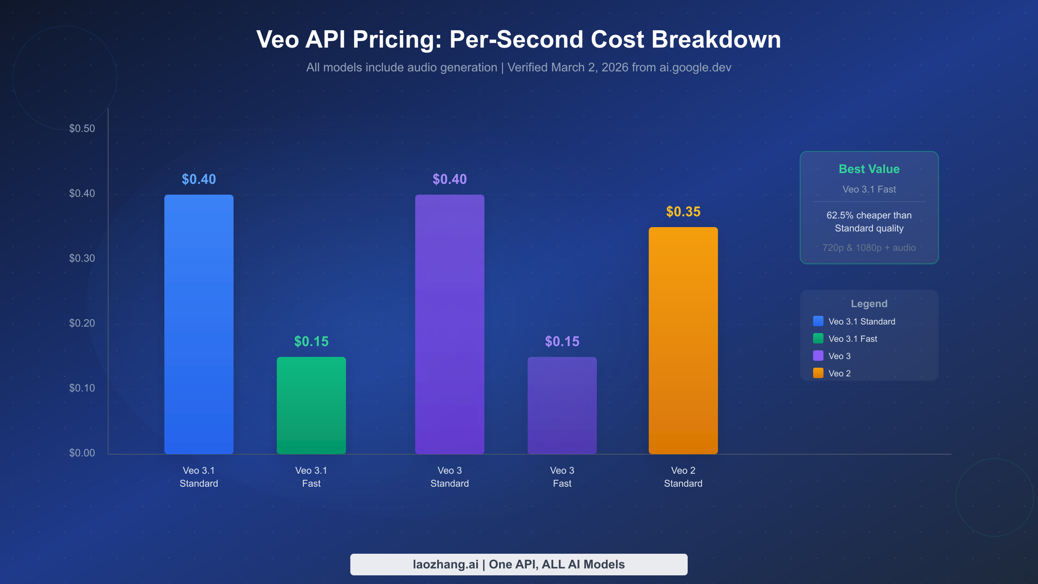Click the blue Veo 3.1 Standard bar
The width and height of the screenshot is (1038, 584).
pyautogui.click(x=199, y=324)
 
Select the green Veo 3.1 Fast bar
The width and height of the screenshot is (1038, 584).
pyautogui.click(x=311, y=405)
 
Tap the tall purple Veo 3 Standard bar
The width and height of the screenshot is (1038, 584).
pyautogui.click(x=449, y=324)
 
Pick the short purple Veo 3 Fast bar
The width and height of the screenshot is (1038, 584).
pyautogui.click(x=562, y=405)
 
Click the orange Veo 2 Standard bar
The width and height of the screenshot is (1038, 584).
pyautogui.click(x=683, y=340)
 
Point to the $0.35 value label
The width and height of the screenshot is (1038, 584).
pyautogui.click(x=683, y=212)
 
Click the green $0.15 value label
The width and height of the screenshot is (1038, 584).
pyautogui.click(x=311, y=341)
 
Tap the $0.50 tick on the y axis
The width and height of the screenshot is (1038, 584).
pyautogui.click(x=82, y=128)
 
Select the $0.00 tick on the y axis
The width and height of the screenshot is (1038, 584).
pyautogui.click(x=82, y=453)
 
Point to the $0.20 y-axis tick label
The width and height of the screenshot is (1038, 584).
pyautogui.click(x=82, y=323)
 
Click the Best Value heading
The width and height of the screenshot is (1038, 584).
pyautogui.click(x=869, y=169)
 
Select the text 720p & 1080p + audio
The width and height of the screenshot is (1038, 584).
pyautogui.click(x=869, y=248)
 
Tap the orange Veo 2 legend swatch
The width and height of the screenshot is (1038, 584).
pyautogui.click(x=818, y=373)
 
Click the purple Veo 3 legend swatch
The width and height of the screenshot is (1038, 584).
pyautogui.click(x=818, y=356)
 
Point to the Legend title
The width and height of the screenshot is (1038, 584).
pyautogui.click(x=869, y=304)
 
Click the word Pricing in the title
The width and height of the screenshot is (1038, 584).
pyautogui.click(x=397, y=40)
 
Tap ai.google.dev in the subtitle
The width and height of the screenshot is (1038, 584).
pyautogui.click(x=695, y=67)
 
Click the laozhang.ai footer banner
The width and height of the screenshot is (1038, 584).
pyautogui.click(x=519, y=565)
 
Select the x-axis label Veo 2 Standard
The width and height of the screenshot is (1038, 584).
pyautogui.click(x=683, y=477)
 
